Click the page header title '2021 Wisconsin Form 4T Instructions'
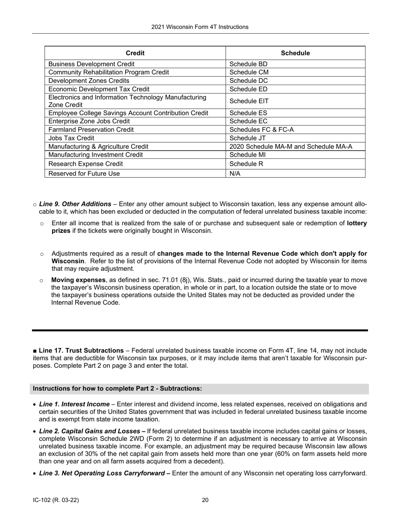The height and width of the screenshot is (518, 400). pyautogui.click(x=200, y=27)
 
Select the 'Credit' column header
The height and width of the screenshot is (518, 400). pyautogui.click(x=135, y=53)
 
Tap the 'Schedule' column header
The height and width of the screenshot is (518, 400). pyautogui.click(x=295, y=53)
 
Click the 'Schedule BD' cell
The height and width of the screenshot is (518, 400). pyautogui.click(x=248, y=64)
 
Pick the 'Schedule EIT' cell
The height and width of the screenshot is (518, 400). pyautogui.click(x=249, y=101)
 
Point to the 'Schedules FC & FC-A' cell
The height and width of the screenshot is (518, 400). pyautogui.click(x=261, y=130)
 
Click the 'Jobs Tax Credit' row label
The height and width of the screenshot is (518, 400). pyautogui.click(x=71, y=138)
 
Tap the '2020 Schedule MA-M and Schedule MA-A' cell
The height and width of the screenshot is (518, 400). pyautogui.click(x=291, y=147)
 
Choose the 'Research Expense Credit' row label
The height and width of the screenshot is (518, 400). pyautogui.click(x=85, y=164)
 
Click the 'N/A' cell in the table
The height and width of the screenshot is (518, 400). pyautogui.click(x=235, y=174)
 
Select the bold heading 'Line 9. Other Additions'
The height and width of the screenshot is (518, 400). pyautogui.click(x=75, y=204)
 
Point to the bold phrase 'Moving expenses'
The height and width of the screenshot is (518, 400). pyautogui.click(x=78, y=280)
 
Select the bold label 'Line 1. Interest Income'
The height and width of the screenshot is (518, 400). pyautogui.click(x=75, y=404)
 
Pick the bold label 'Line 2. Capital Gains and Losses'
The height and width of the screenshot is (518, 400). pyautogui.click(x=89, y=431)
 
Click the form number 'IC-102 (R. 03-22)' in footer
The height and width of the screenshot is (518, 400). pyautogui.click(x=56, y=500)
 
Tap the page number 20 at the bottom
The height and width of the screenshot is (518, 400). pyautogui.click(x=205, y=500)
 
